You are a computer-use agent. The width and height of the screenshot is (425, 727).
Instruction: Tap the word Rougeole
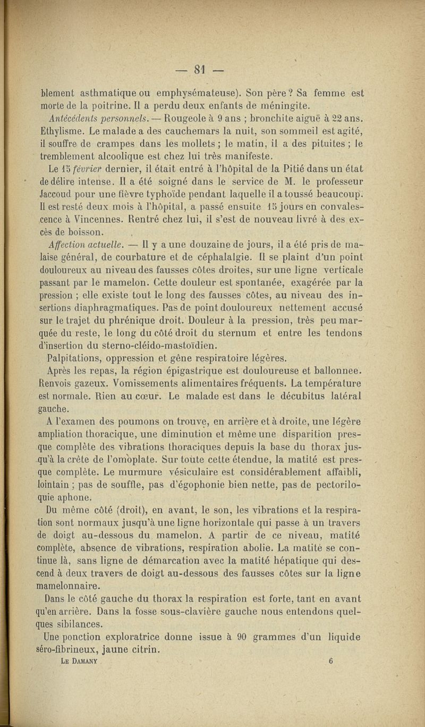click(170, 119)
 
